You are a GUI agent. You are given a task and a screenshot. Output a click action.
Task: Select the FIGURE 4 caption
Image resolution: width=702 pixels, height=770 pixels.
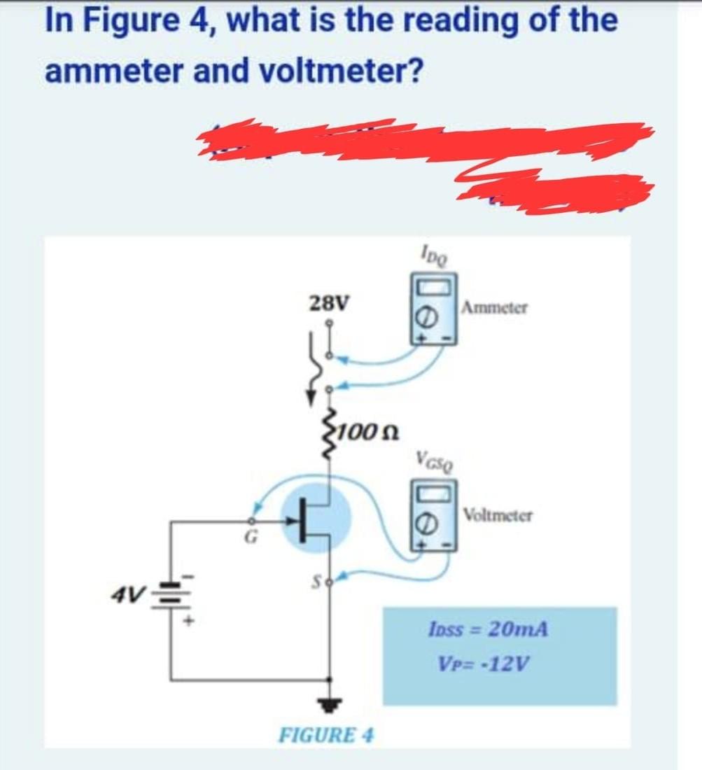(x=326, y=736)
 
